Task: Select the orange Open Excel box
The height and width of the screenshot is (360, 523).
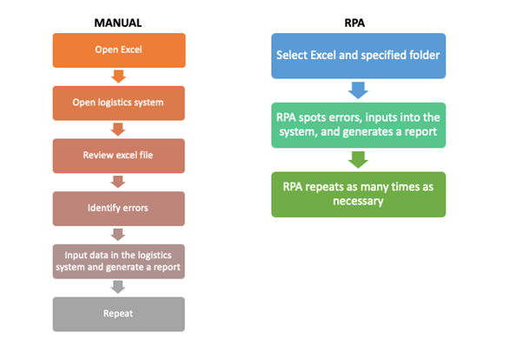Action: [119, 50]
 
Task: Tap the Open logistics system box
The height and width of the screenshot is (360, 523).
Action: [119, 103]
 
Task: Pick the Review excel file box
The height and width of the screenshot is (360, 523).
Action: [119, 156]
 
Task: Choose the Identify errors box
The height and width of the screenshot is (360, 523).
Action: [119, 209]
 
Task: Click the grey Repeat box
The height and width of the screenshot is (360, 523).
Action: [119, 314]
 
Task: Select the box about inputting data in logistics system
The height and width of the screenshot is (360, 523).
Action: [119, 261]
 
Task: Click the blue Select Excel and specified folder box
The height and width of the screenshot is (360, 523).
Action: [358, 56]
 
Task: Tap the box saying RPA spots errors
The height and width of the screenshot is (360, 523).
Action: [358, 125]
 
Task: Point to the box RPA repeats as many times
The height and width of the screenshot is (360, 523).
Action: [358, 194]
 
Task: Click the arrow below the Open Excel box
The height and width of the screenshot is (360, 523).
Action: [119, 77]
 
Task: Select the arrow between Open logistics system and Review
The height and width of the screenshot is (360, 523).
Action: [119, 130]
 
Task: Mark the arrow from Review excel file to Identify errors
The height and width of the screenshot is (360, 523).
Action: [119, 183]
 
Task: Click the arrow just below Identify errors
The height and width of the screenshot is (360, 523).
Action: [119, 235]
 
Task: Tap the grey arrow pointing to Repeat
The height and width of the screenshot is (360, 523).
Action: [119, 288]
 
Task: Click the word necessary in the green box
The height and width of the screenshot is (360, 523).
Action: [358, 202]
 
